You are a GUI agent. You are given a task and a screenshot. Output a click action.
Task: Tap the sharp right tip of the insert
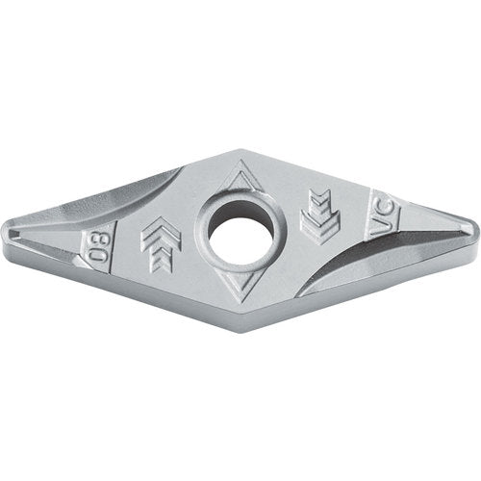[x=475, y=230]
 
